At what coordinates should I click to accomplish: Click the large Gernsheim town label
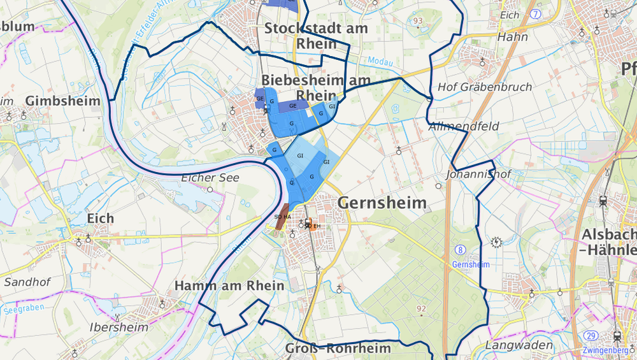382,203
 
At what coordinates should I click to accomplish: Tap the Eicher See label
210,178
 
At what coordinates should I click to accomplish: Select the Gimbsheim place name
62,101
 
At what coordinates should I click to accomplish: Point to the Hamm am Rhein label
229,285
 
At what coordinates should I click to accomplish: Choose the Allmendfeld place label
464,127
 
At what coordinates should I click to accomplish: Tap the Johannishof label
471,173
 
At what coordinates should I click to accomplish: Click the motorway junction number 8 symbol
460,249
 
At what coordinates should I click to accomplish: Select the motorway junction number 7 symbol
536,13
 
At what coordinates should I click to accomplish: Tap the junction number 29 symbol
590,336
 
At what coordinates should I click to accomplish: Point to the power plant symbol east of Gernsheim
496,241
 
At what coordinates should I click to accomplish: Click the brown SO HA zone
282,216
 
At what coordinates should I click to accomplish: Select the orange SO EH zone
310,224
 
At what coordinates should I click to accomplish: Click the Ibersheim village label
119,327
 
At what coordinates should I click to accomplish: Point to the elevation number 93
418,21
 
